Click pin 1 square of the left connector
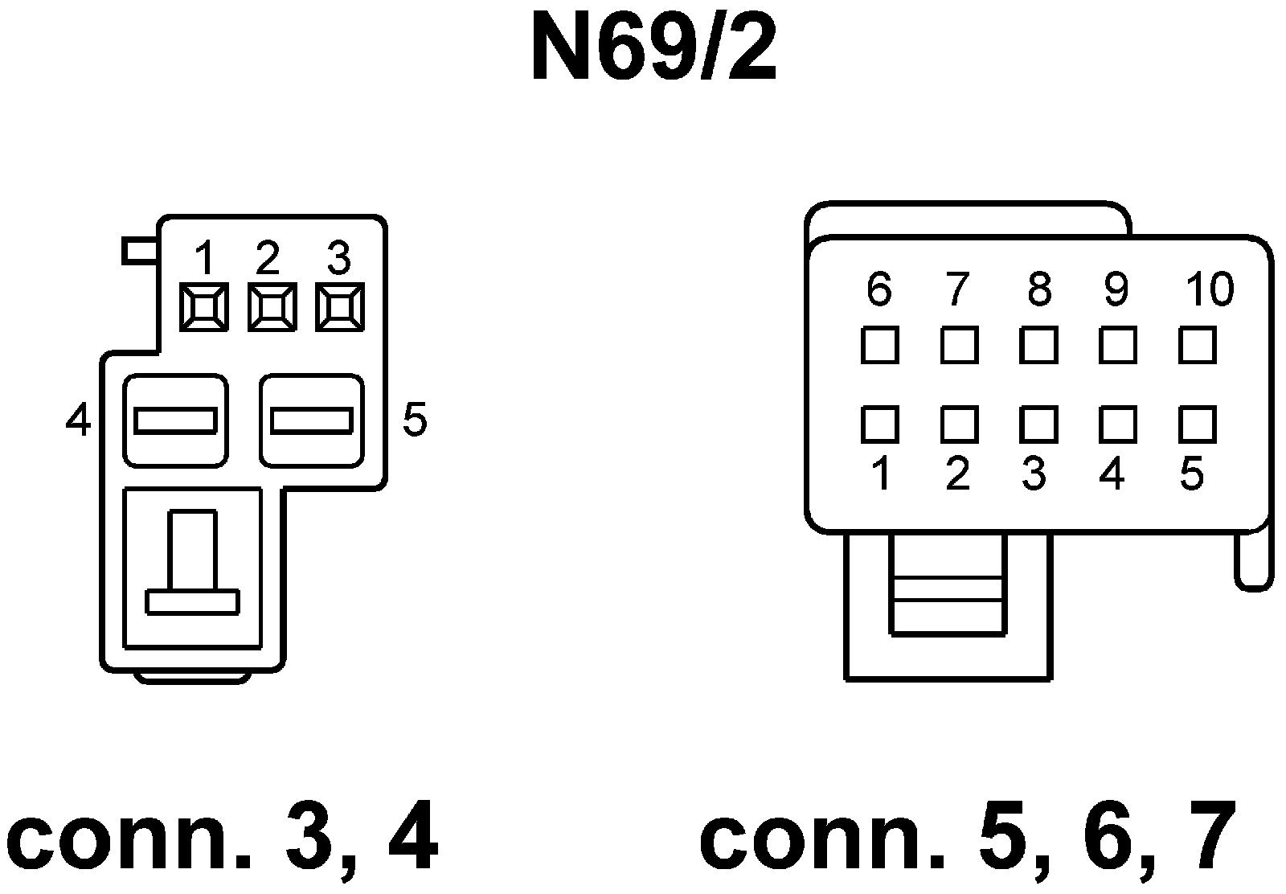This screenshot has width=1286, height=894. (x=204, y=306)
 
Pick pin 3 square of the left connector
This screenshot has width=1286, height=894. (x=340, y=306)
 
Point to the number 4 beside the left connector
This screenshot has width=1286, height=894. (x=78, y=420)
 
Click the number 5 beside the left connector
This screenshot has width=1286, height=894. (x=415, y=419)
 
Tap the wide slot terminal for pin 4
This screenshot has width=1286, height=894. (x=175, y=420)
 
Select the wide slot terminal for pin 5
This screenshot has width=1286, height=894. (x=312, y=420)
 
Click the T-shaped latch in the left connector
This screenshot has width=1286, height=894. (x=193, y=567)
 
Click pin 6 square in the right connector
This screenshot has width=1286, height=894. (x=879, y=346)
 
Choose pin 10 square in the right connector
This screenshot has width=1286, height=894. (x=1197, y=346)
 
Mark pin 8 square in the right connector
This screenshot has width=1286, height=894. (x=1038, y=346)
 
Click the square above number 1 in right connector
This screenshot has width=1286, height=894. (x=879, y=424)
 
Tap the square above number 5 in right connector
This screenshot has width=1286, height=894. (x=1197, y=424)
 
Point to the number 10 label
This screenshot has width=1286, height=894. (x=1210, y=289)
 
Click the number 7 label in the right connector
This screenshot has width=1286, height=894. (x=956, y=289)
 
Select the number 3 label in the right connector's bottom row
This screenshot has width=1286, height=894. (x=1034, y=474)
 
